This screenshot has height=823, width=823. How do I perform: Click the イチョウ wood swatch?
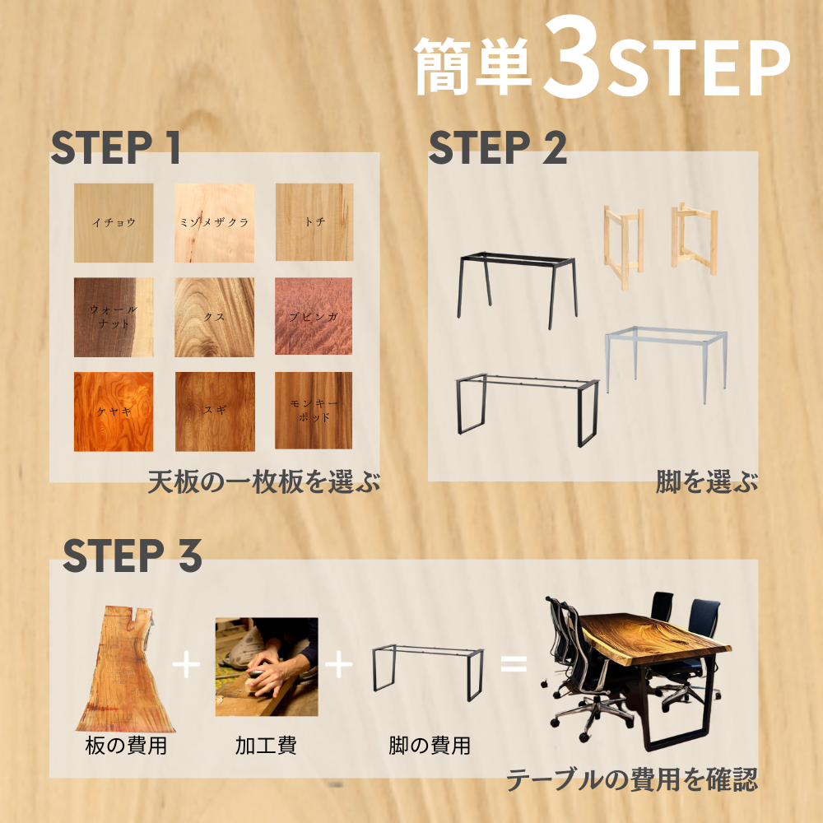pyautogui.click(x=114, y=222)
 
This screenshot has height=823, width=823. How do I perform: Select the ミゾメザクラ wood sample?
pyautogui.click(x=214, y=222)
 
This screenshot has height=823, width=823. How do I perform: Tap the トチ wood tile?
pyautogui.click(x=314, y=222)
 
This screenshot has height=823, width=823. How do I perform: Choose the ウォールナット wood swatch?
pyautogui.click(x=114, y=317)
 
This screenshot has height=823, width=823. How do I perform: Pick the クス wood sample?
pyautogui.click(x=214, y=317)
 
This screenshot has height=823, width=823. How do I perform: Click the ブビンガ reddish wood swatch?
pyautogui.click(x=314, y=316)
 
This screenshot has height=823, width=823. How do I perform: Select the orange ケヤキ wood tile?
pyautogui.click(x=114, y=411)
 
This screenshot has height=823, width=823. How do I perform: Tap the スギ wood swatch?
pyautogui.click(x=215, y=411)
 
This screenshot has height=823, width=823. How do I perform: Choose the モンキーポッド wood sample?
pyautogui.click(x=314, y=411)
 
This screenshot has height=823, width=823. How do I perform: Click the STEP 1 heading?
pyautogui.click(x=115, y=147)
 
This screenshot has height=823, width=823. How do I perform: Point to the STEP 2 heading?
pyautogui.click(x=498, y=147)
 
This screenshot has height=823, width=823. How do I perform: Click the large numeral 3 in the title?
pyautogui.click(x=572, y=58)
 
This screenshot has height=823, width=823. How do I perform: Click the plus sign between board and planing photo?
pyautogui.click(x=186, y=664)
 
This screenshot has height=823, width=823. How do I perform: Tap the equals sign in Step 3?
pyautogui.click(x=514, y=664)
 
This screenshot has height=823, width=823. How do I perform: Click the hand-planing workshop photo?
pyautogui.click(x=267, y=667)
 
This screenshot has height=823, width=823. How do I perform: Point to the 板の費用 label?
pyautogui.click(x=126, y=746)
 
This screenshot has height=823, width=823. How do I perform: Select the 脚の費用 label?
pyautogui.click(x=430, y=746)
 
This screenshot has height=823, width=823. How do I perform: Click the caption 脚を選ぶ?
pyautogui.click(x=707, y=481)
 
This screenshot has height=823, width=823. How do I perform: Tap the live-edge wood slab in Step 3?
pyautogui.click(x=125, y=669)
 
